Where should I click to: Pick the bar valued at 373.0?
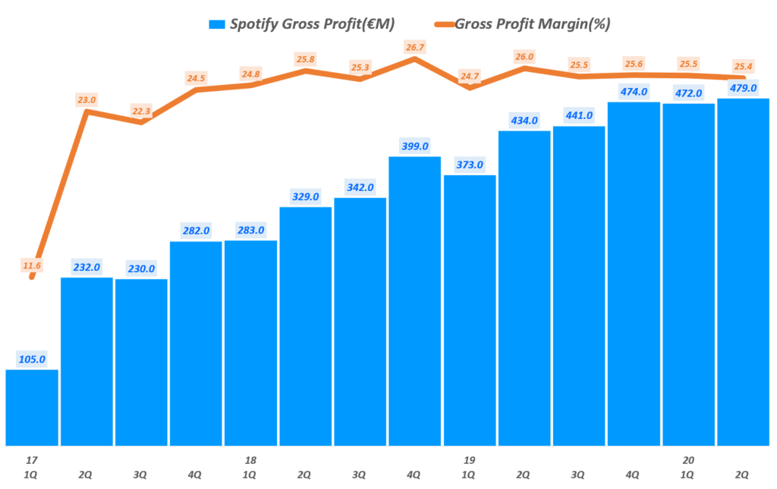tap(469, 310)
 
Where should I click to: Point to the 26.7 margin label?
tap(414, 48)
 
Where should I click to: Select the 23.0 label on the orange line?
tap(87, 99)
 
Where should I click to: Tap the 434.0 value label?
tap(524, 120)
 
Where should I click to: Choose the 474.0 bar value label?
tap(633, 92)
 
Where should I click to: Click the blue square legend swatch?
tap(216, 24)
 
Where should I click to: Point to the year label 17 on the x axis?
tap(31, 460)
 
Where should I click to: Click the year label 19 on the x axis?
tap(469, 460)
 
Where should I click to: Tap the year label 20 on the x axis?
tap(687, 460)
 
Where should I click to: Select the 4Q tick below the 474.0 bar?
tap(633, 475)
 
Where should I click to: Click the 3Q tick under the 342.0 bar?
tap(360, 475)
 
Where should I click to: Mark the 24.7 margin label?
tap(470, 76)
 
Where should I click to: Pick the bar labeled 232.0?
tap(87, 361)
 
